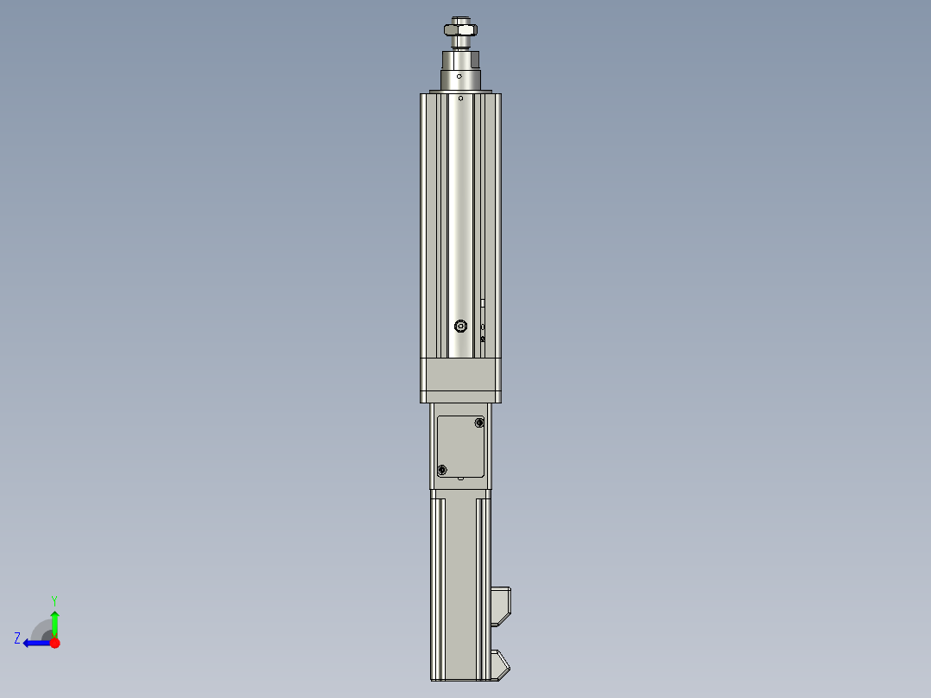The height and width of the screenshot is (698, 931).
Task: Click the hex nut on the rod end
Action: [x=460, y=30]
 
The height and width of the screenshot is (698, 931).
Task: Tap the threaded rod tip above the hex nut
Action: [x=461, y=18]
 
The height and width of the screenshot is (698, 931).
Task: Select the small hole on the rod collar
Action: [x=460, y=76]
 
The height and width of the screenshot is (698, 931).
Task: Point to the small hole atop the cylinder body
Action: [x=460, y=98]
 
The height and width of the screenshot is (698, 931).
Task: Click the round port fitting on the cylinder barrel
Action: [x=460, y=326]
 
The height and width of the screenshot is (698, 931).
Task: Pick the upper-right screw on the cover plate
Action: [x=480, y=423]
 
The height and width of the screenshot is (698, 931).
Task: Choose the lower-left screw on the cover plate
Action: [x=442, y=469]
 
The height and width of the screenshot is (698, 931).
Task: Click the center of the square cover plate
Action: [x=461, y=446]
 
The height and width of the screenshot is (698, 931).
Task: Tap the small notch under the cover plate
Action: [x=461, y=478]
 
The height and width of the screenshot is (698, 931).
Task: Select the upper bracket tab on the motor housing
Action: [x=502, y=604]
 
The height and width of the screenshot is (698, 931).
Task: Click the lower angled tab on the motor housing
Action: [x=501, y=663]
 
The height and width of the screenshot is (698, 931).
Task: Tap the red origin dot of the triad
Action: [x=55, y=643]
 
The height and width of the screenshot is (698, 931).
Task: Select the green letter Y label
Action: [x=54, y=599]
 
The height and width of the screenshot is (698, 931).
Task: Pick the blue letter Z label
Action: [x=17, y=638]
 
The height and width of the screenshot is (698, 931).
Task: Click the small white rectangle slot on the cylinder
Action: [x=483, y=303]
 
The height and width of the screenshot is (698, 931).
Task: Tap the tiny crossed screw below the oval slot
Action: [x=483, y=339]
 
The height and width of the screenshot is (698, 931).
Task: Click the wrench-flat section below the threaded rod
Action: [x=460, y=60]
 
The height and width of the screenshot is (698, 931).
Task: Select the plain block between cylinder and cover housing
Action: [x=460, y=379]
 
